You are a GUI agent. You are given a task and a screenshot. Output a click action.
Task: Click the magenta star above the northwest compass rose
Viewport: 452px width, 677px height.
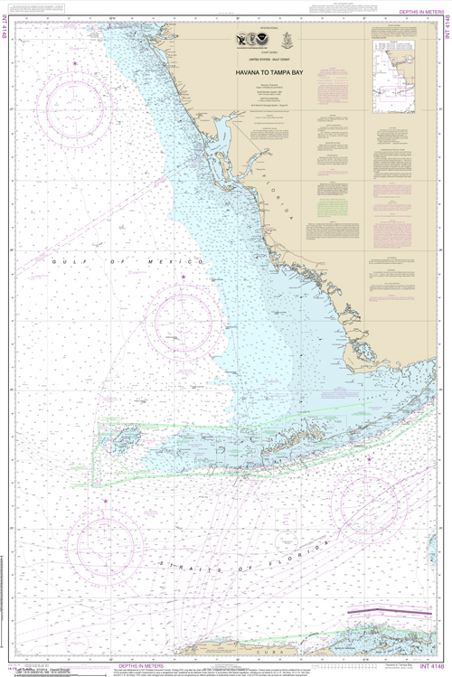tap(75, 61)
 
